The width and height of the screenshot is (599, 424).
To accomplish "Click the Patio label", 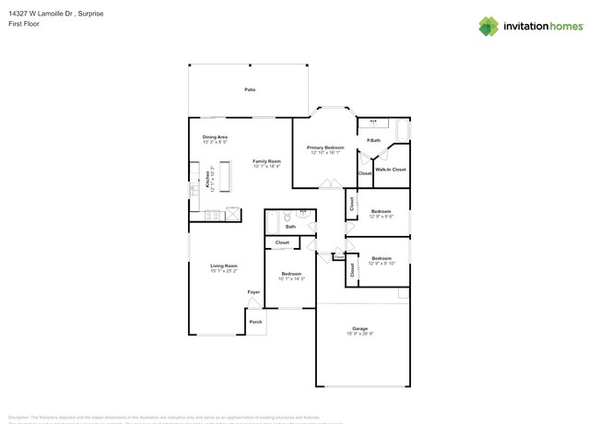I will pyautogui.click(x=249, y=89).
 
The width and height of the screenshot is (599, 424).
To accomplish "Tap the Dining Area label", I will pyautogui.click(x=215, y=137).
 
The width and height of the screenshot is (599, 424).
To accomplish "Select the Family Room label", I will pyautogui.click(x=266, y=161).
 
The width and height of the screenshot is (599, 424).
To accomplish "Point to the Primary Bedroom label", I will pyautogui.click(x=325, y=147).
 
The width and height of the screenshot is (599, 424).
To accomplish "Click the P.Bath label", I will pyautogui.click(x=373, y=140).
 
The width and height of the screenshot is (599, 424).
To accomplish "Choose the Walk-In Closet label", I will pyautogui.click(x=391, y=170).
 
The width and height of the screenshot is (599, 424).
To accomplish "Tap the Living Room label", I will pyautogui.click(x=224, y=265).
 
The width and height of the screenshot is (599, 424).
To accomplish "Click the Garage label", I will pyautogui.click(x=359, y=328).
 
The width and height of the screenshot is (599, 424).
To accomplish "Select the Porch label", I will pyautogui.click(x=256, y=322).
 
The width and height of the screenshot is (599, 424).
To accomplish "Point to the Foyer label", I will pyautogui.click(x=253, y=292).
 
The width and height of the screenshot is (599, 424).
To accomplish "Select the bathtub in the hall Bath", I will pyautogui.click(x=272, y=222).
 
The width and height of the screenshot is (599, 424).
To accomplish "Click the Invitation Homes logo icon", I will pyautogui.click(x=489, y=26).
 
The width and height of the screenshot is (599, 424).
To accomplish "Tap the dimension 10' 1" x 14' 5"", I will pyautogui.click(x=291, y=278).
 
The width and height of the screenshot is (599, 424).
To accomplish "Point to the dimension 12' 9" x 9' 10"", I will pyautogui.click(x=382, y=264).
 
